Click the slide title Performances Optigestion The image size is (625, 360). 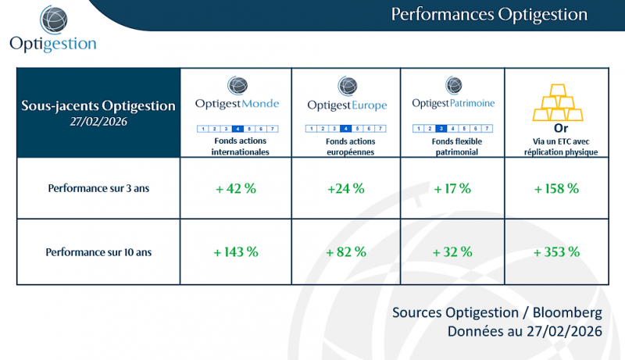[488, 14]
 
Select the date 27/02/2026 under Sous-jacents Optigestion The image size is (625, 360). [98, 121]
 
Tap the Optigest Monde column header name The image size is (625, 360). [236, 104]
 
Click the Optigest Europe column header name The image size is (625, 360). [346, 105]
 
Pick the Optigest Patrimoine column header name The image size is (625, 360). [453, 103]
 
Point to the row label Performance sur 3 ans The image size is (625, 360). [98, 188]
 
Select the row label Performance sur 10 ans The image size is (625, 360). [98, 251]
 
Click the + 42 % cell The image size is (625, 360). [236, 188]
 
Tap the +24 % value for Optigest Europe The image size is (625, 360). [346, 188]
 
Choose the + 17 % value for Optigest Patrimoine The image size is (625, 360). [452, 188]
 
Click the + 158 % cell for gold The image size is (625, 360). [555, 188]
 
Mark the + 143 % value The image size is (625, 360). [236, 251]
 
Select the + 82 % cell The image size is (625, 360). [346, 251]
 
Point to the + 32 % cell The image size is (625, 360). [452, 251]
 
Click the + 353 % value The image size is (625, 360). [555, 251]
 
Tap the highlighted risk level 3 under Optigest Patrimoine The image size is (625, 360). [441, 128]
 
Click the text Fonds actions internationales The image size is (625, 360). [236, 147]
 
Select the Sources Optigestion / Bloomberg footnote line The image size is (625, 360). [497, 312]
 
